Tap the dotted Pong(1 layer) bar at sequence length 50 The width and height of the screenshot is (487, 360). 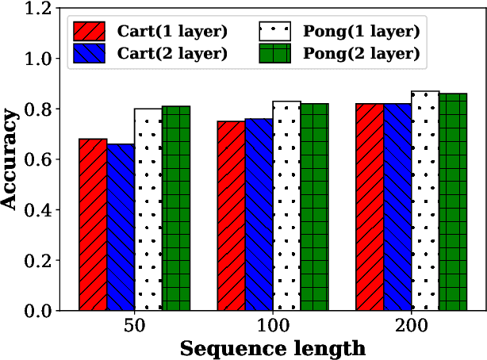[x=148, y=209]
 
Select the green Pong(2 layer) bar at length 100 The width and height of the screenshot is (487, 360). [x=314, y=207]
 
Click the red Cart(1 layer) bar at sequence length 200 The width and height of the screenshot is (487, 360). [x=370, y=207]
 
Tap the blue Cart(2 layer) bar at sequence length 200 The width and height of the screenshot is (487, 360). [x=397, y=207]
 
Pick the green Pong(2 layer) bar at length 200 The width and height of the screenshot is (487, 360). [x=453, y=202]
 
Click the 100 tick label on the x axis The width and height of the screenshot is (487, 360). [x=273, y=326]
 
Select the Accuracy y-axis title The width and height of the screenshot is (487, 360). [x=11, y=159]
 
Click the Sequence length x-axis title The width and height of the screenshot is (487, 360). [x=272, y=347]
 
